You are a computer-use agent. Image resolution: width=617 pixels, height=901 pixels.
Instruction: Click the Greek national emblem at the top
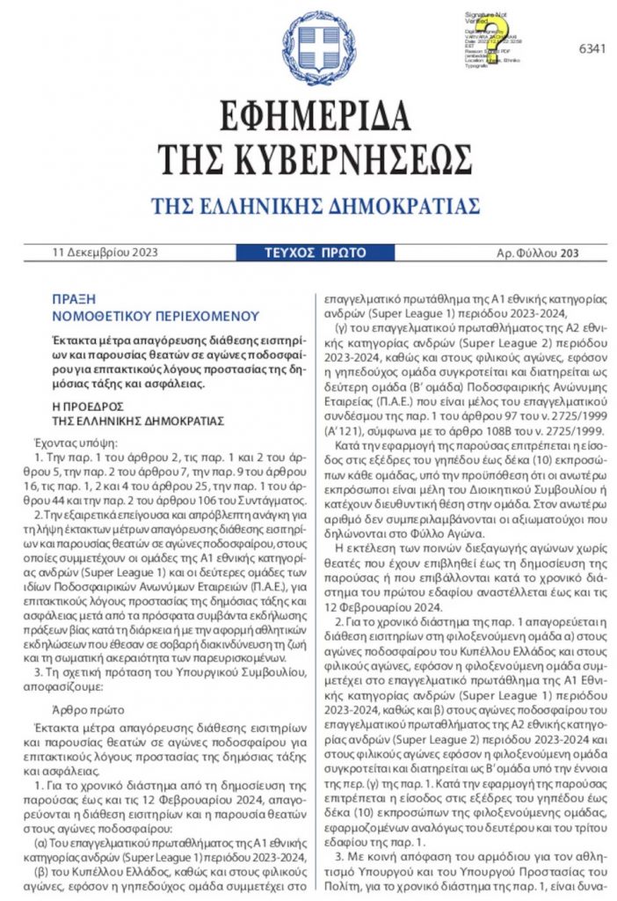[308, 49]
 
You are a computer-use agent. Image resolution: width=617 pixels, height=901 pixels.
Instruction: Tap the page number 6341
[592, 48]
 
